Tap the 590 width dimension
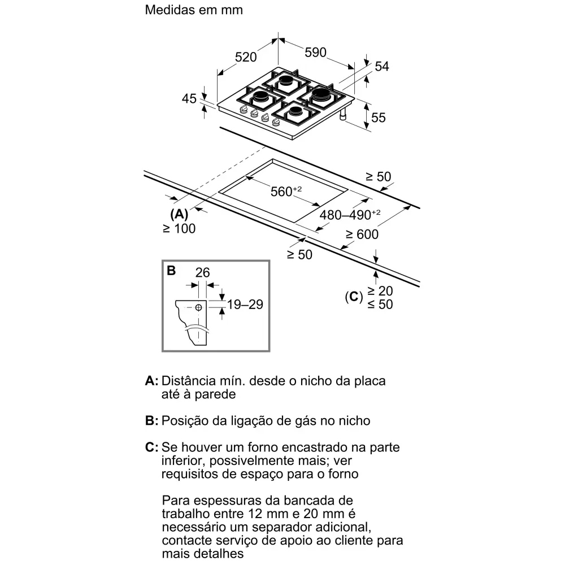pyautogui.click(x=316, y=53)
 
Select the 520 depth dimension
pyautogui.click(x=246, y=56)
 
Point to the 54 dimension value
pyautogui.click(x=382, y=66)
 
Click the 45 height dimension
pyautogui.click(x=189, y=99)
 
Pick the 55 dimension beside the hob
pyautogui.click(x=379, y=118)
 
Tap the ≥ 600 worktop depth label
pyautogui.click(x=362, y=234)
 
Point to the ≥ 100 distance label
pyautogui.click(x=179, y=228)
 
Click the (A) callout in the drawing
pyautogui.click(x=179, y=215)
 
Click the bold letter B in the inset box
pyautogui.click(x=171, y=271)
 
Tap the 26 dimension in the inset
pyautogui.click(x=202, y=272)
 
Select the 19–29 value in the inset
pyautogui.click(x=245, y=305)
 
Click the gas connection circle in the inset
pyautogui.click(x=198, y=307)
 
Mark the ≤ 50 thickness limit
pyautogui.click(x=380, y=304)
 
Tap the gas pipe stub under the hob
pyautogui.click(x=343, y=116)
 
